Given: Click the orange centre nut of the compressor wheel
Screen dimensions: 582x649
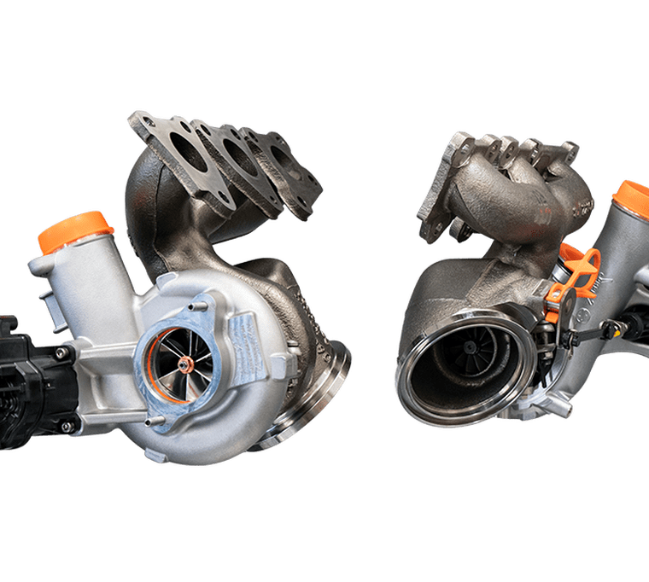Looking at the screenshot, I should (x=186, y=365).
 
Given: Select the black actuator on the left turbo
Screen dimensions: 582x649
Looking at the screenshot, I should (x=34, y=375).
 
